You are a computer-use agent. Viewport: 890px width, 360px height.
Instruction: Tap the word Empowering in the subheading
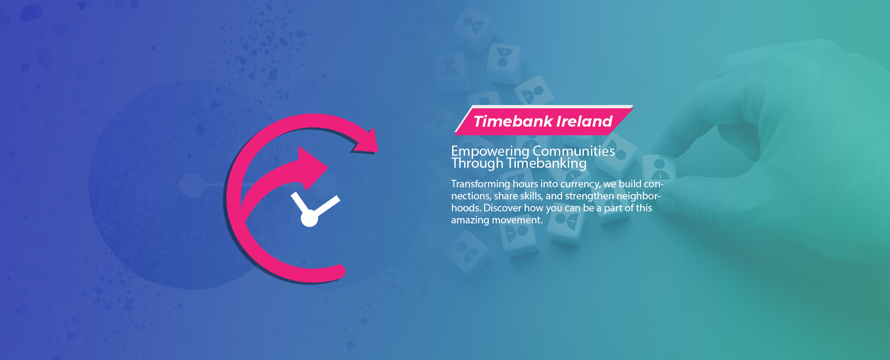click(490, 152)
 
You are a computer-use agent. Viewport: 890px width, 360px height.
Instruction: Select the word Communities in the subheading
click(574, 151)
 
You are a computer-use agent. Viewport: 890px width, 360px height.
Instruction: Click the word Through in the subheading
click(477, 164)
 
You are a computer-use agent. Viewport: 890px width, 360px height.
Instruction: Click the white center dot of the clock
click(309, 218)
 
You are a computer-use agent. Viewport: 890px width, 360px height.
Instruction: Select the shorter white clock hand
click(299, 203)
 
